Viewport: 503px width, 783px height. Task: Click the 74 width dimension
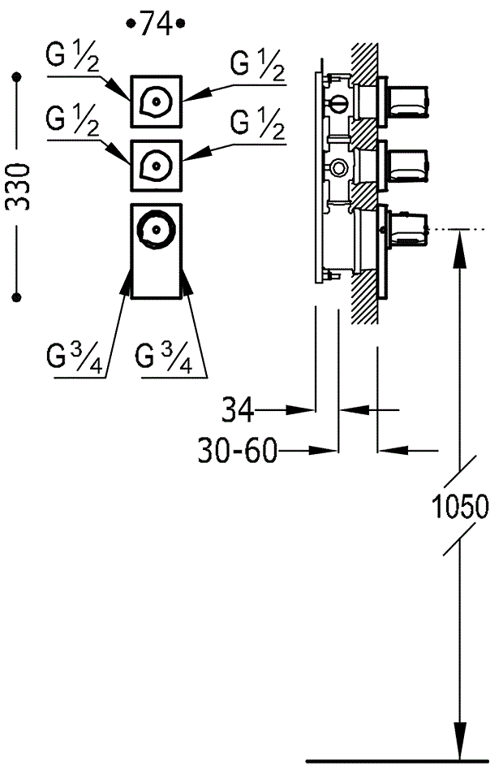point(157,24)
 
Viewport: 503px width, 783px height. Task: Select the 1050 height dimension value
point(459,506)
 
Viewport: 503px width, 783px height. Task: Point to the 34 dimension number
point(237,410)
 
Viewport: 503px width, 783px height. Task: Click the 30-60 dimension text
point(237,451)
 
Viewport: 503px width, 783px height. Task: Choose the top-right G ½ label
point(257,65)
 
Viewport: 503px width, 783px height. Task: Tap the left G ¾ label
point(75,357)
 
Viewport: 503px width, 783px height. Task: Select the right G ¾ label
point(164,357)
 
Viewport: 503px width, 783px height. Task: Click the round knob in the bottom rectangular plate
point(157,230)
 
